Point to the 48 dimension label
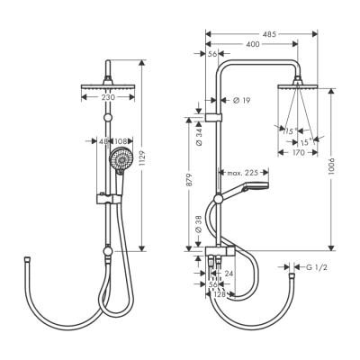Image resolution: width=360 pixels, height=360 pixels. point(101,141)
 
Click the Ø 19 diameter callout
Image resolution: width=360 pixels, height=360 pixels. point(241,100)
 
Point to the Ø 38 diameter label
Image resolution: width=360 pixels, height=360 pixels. point(199,223)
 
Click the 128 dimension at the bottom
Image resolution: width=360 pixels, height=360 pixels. point(218,294)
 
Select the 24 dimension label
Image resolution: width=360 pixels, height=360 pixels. point(229,274)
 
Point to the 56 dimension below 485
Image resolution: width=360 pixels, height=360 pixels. point(211,54)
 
